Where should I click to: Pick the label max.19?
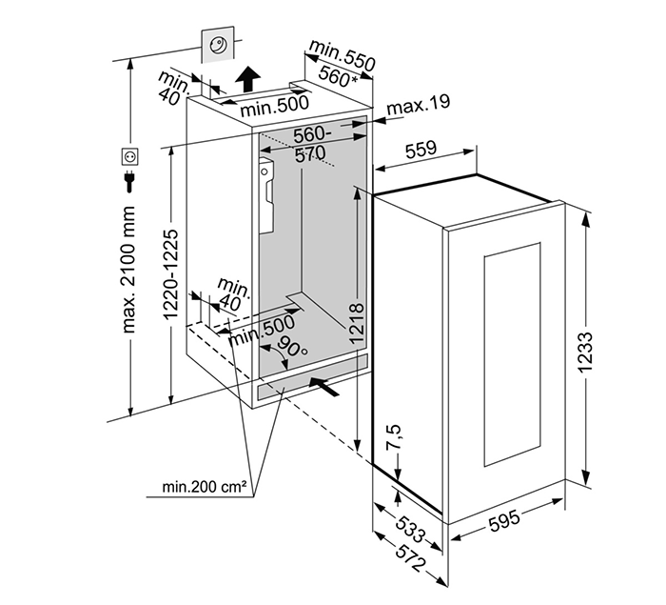[418, 103]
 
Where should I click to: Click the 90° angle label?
[291, 351]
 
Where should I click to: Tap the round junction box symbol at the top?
[217, 45]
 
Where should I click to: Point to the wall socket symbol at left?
[130, 155]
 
